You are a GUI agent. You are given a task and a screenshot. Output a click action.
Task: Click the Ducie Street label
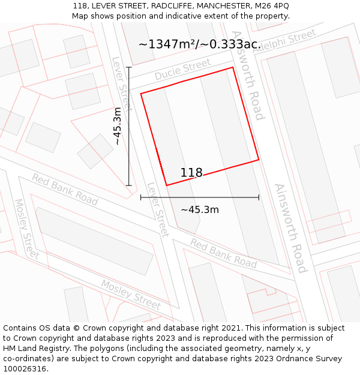(183, 70)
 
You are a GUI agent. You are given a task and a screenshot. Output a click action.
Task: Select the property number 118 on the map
(191, 173)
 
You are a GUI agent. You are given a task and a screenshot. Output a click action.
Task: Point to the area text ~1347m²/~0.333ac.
(199, 44)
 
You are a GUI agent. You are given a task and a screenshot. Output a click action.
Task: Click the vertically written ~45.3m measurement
(118, 126)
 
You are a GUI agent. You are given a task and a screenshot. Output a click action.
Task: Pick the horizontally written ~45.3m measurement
(199, 209)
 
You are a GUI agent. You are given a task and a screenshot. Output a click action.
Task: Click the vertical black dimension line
(129, 126)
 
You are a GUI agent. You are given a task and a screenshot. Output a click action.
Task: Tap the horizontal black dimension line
(199, 197)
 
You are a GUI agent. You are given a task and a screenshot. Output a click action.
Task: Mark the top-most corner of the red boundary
(232, 67)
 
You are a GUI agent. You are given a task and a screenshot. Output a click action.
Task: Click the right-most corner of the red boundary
(259, 160)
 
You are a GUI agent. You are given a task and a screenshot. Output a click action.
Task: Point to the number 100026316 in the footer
(26, 369)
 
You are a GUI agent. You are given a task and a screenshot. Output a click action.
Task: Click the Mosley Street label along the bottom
(130, 294)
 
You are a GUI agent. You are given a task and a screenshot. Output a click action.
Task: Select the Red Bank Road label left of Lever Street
(65, 189)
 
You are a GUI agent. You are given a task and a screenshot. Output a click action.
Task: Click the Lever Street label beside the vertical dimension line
(122, 84)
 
